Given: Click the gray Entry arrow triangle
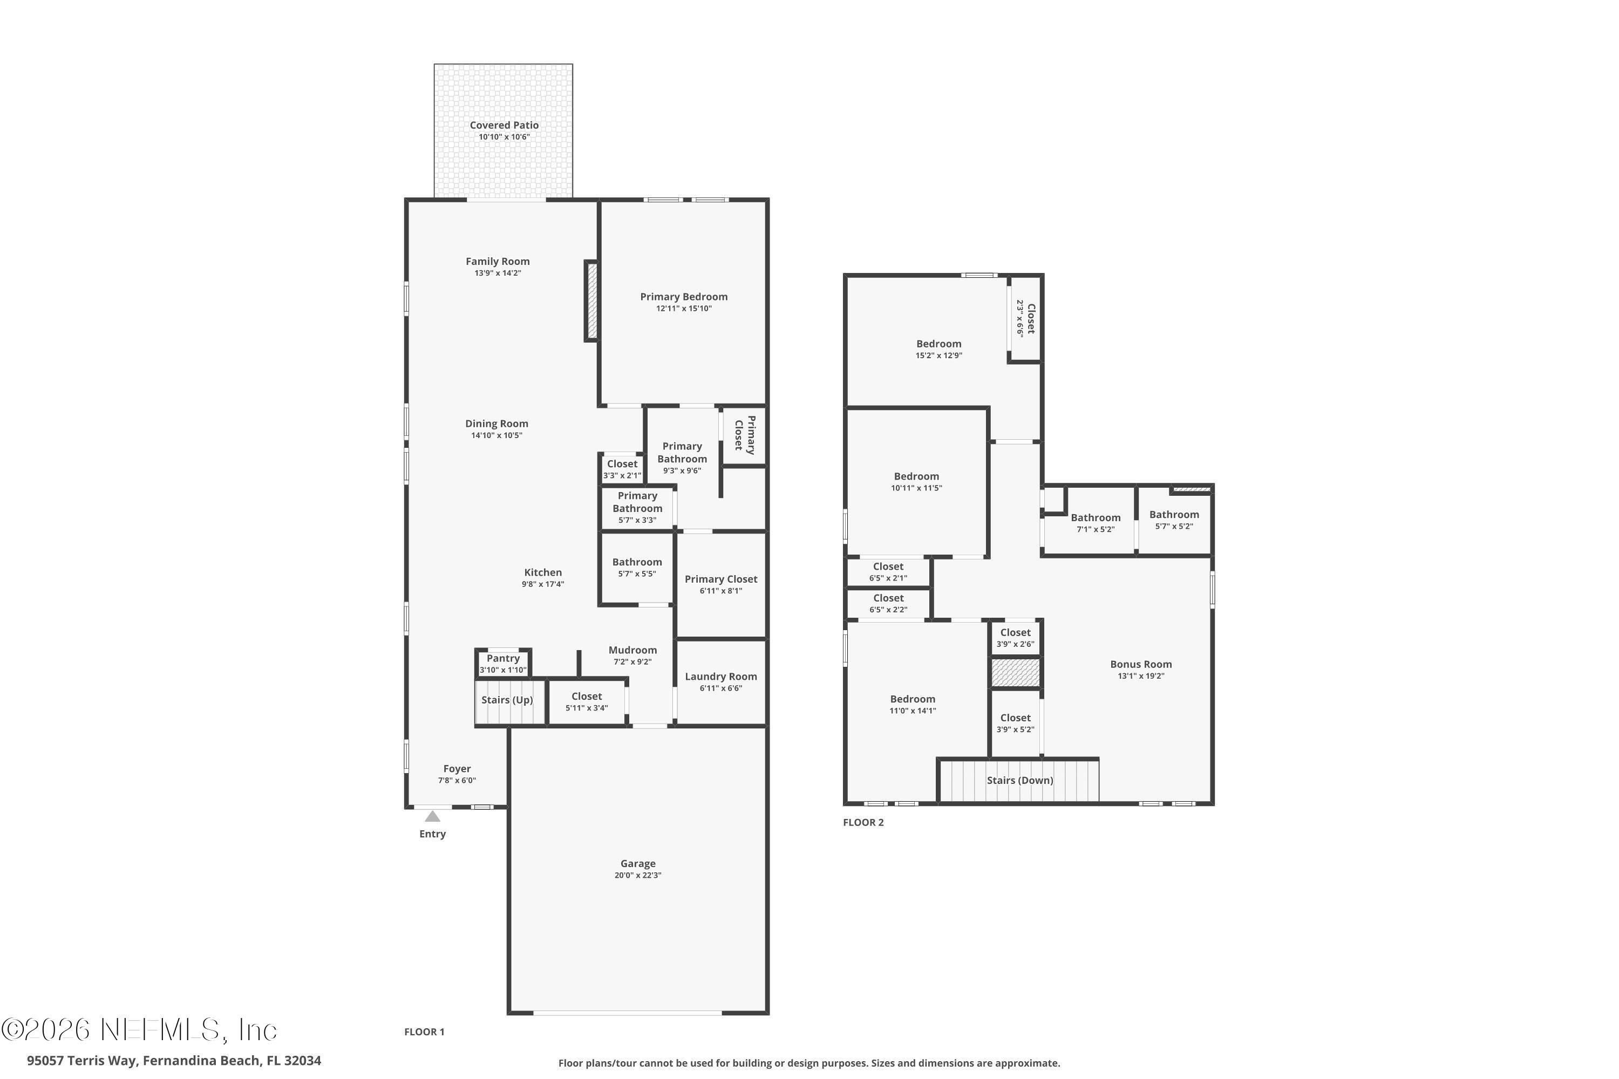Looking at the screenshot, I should tap(432, 817).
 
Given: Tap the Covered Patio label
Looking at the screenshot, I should tap(504, 125).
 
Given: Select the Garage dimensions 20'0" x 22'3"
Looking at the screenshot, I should tap(637, 875).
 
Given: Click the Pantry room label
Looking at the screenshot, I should tap(502, 659).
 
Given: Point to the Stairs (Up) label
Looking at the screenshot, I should tap(507, 700).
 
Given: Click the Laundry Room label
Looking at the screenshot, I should tap(720, 677).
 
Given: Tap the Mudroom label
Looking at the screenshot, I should tap(632, 650).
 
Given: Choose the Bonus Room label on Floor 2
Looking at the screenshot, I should tap(1141, 664).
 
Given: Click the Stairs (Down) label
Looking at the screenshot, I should tap(1019, 780).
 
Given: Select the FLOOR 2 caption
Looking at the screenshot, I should tap(863, 822).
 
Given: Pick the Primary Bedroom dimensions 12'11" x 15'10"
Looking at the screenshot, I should tap(684, 308).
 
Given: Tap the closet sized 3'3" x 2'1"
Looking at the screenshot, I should tap(622, 469).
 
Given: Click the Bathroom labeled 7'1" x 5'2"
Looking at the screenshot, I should tap(1095, 523).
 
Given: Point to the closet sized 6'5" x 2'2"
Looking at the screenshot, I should tap(888, 604).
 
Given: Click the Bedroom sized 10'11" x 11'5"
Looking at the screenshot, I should tap(916, 482).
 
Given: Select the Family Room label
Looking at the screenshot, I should tap(497, 262).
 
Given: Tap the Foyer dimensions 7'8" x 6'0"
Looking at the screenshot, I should tap(457, 780).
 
